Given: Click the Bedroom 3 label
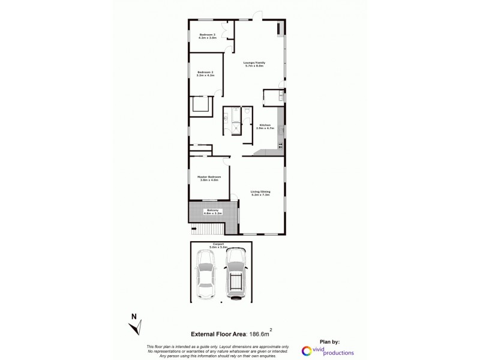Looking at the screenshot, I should click(207, 36).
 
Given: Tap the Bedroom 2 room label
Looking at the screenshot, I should click(206, 74).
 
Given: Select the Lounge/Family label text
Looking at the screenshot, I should click(255, 64).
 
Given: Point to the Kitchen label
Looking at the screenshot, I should click(265, 127).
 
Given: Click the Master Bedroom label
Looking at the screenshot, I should click(209, 178).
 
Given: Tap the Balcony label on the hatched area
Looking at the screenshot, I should click(214, 212).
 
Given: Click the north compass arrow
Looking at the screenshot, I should click(136, 328).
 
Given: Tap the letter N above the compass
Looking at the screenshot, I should click(134, 316).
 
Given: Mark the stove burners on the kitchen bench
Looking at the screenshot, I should click(280, 146).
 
